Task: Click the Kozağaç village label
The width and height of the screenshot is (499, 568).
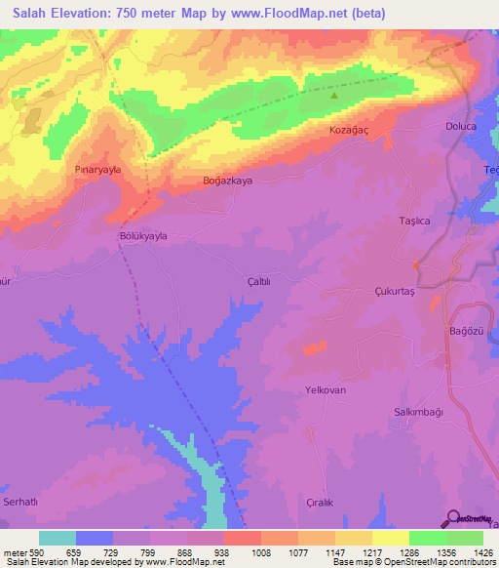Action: [x=348, y=130]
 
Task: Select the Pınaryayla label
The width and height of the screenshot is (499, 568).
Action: [x=98, y=169]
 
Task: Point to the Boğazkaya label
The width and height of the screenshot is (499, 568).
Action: [x=227, y=182]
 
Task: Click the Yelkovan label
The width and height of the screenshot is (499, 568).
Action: [x=326, y=389]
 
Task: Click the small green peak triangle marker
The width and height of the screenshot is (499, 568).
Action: [x=334, y=96]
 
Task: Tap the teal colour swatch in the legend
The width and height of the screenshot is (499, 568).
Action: [x=58, y=538]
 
